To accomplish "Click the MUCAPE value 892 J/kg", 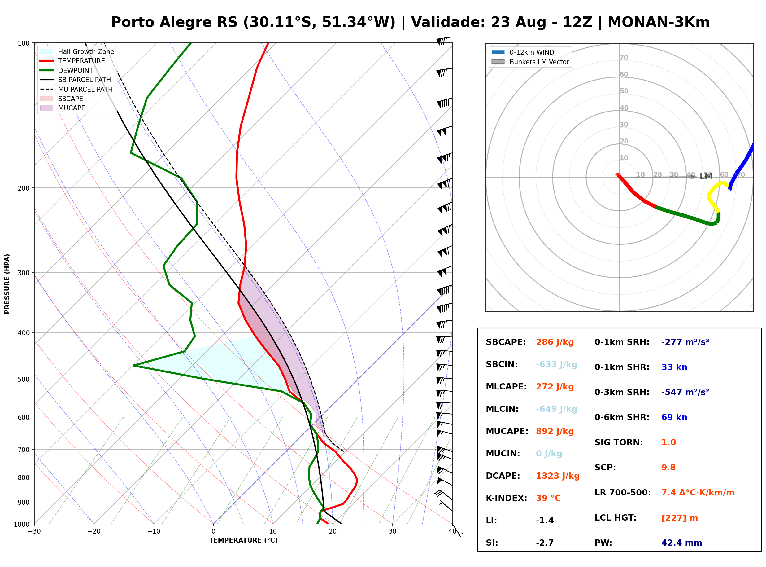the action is [555, 431].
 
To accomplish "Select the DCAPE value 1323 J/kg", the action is [558, 476].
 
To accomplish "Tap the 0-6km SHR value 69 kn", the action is [674, 417].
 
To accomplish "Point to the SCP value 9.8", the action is [668, 467].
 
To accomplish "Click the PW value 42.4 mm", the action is [682, 543].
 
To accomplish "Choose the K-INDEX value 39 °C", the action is [548, 498].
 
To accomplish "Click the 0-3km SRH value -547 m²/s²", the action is [685, 392].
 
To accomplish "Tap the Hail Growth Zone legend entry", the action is [77, 51].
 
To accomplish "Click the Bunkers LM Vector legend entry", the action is [530, 62].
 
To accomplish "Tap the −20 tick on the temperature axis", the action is [94, 531].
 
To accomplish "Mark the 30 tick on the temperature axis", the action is [393, 531].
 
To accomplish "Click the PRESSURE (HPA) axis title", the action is [7, 283].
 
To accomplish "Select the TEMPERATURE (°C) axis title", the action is [243, 540].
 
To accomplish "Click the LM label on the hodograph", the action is [706, 176].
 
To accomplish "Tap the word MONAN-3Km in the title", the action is [659, 22].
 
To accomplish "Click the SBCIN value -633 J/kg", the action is [556, 364].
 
